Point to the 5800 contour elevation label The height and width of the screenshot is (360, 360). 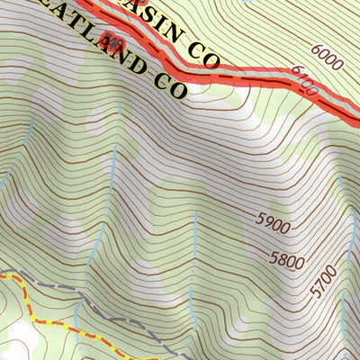(x=287, y=262)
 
